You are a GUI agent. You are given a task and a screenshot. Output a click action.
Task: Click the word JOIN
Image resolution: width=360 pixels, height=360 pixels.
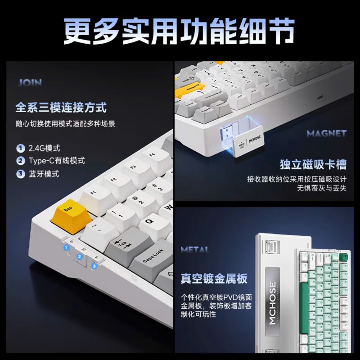[x=30, y=83]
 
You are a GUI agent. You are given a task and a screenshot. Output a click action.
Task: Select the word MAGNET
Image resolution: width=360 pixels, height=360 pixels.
[x=326, y=134]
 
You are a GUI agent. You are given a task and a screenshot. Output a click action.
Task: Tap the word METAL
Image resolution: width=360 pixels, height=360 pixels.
[x=195, y=250]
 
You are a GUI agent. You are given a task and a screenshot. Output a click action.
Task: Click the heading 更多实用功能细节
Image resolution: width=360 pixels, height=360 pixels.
[x=179, y=32]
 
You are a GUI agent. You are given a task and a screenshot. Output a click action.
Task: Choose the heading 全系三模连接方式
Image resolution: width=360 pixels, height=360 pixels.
[x=61, y=107]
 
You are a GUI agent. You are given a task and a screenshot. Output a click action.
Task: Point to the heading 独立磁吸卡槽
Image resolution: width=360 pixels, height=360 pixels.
[x=313, y=164]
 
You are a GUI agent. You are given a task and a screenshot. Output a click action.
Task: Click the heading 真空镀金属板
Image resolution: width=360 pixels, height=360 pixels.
[x=214, y=278]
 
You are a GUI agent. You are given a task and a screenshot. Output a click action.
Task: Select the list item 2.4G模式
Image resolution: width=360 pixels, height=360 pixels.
[x=44, y=148]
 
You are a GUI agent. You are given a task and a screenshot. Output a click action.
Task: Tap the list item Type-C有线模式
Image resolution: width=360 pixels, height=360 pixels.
[x=56, y=161]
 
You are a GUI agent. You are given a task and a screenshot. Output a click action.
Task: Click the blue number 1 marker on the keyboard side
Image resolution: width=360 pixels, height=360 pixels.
[x=66, y=248]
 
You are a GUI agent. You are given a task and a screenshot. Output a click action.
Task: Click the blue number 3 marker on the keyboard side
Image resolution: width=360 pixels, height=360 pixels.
[x=94, y=266]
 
